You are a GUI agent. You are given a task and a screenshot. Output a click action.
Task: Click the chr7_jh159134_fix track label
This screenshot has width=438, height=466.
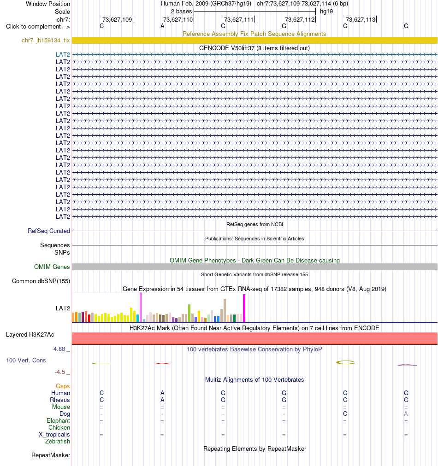(x=46, y=41)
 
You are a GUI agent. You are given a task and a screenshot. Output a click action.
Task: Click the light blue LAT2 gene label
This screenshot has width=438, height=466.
(x=63, y=54)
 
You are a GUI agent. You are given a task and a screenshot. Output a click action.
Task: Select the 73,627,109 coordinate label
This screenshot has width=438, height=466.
(x=117, y=20)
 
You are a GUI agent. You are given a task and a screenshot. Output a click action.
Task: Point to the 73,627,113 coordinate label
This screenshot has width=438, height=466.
(x=361, y=20)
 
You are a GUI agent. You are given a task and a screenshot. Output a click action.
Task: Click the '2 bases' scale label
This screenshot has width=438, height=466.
(x=181, y=12)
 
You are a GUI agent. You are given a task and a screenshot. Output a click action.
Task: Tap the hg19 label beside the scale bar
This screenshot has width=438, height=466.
(x=326, y=12)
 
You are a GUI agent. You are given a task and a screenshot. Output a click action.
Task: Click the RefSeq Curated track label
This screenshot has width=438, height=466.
(x=49, y=231)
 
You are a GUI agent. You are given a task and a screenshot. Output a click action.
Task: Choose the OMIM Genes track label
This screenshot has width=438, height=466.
(x=52, y=267)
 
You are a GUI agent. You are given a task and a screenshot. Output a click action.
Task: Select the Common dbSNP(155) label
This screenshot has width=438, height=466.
(x=41, y=281)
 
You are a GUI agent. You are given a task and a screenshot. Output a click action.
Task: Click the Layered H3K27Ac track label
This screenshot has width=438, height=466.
(x=30, y=335)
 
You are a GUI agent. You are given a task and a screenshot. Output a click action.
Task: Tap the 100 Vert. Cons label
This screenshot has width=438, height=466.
(x=26, y=361)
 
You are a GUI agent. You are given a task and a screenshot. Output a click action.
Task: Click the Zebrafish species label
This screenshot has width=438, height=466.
(x=58, y=441)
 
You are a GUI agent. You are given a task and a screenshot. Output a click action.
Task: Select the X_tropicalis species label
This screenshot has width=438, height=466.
(x=54, y=435)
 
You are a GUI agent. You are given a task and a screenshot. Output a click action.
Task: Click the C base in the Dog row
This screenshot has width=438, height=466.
(x=345, y=414)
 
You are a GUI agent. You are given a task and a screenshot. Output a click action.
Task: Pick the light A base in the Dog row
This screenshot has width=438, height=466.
(x=406, y=414)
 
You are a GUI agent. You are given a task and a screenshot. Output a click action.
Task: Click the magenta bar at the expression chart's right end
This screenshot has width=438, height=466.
(x=244, y=308)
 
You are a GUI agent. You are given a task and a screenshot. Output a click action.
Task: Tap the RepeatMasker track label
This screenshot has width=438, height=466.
(x=51, y=455)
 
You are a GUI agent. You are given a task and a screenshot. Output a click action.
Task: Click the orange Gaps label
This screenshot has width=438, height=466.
(x=63, y=386)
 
